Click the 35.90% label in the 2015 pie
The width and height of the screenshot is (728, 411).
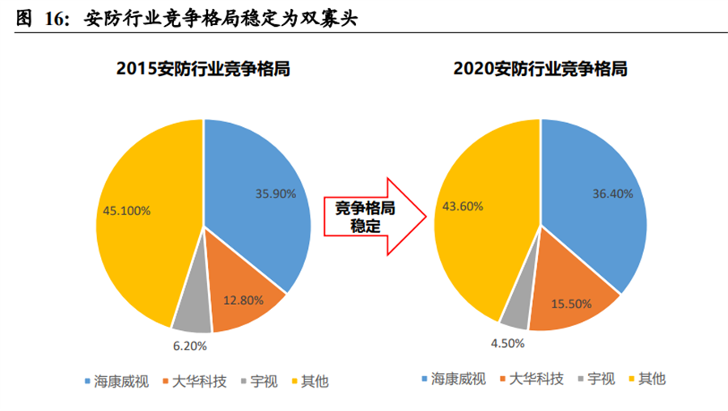click(274, 194)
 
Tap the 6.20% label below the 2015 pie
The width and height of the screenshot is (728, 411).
click(190, 345)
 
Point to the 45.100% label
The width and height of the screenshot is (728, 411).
click(126, 210)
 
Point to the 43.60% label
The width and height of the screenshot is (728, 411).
click(463, 206)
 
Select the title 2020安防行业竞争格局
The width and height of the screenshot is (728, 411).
click(540, 70)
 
